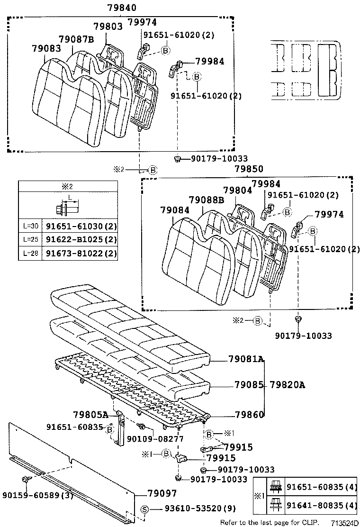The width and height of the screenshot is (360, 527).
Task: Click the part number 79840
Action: [122, 8]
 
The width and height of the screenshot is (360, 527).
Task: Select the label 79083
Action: [47, 48]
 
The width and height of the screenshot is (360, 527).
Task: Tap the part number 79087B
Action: [76, 39]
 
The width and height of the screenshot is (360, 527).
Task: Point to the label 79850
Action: [249, 169]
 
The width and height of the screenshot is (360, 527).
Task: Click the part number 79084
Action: [175, 210]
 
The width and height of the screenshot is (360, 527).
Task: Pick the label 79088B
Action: [206, 200]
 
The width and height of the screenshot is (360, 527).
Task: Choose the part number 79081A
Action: [246, 359]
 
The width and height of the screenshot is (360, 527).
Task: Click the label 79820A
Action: [288, 384]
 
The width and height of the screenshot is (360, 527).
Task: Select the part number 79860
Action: [250, 415]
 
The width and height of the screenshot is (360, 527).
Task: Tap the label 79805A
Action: [90, 415]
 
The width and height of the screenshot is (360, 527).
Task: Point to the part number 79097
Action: [162, 493]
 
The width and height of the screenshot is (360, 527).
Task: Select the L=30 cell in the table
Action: [30, 226]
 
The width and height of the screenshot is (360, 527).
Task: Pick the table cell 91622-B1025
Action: [80, 240]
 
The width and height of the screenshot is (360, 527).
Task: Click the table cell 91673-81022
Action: [80, 253]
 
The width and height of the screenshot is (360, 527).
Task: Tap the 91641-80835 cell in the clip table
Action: [321, 506]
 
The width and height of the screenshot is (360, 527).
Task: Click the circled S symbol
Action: [144, 509]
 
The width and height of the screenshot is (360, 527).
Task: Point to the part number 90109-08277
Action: [155, 439]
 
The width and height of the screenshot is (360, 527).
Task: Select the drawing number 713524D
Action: [345, 523]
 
